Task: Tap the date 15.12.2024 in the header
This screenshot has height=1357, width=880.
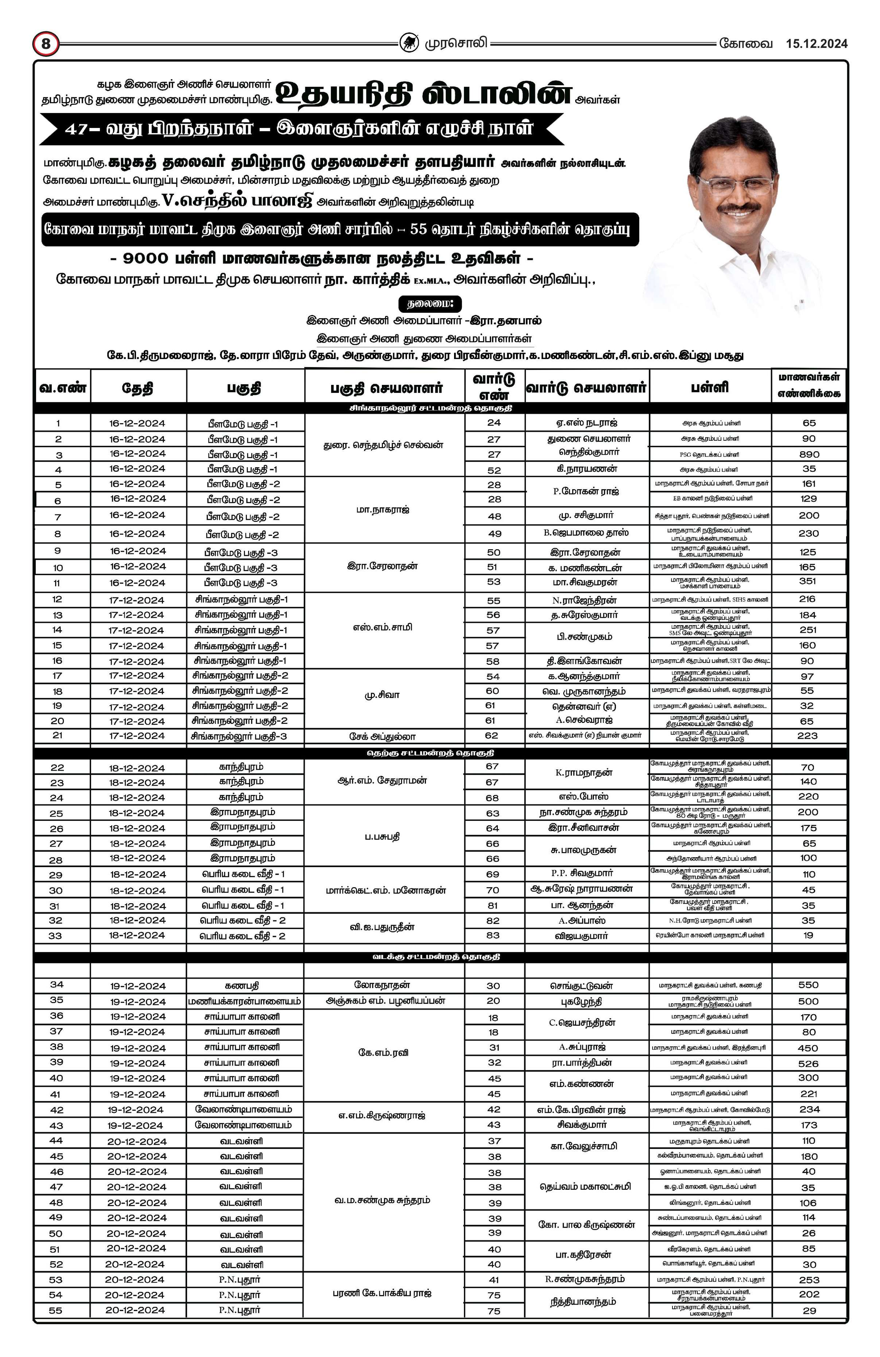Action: [816, 44]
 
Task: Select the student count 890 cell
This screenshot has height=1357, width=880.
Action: [809, 455]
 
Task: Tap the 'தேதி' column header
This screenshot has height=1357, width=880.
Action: [137, 389]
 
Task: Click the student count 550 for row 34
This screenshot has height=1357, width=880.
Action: [809, 985]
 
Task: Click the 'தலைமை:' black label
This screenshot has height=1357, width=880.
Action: [430, 303]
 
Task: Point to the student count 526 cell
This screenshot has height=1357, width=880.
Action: [809, 1063]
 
